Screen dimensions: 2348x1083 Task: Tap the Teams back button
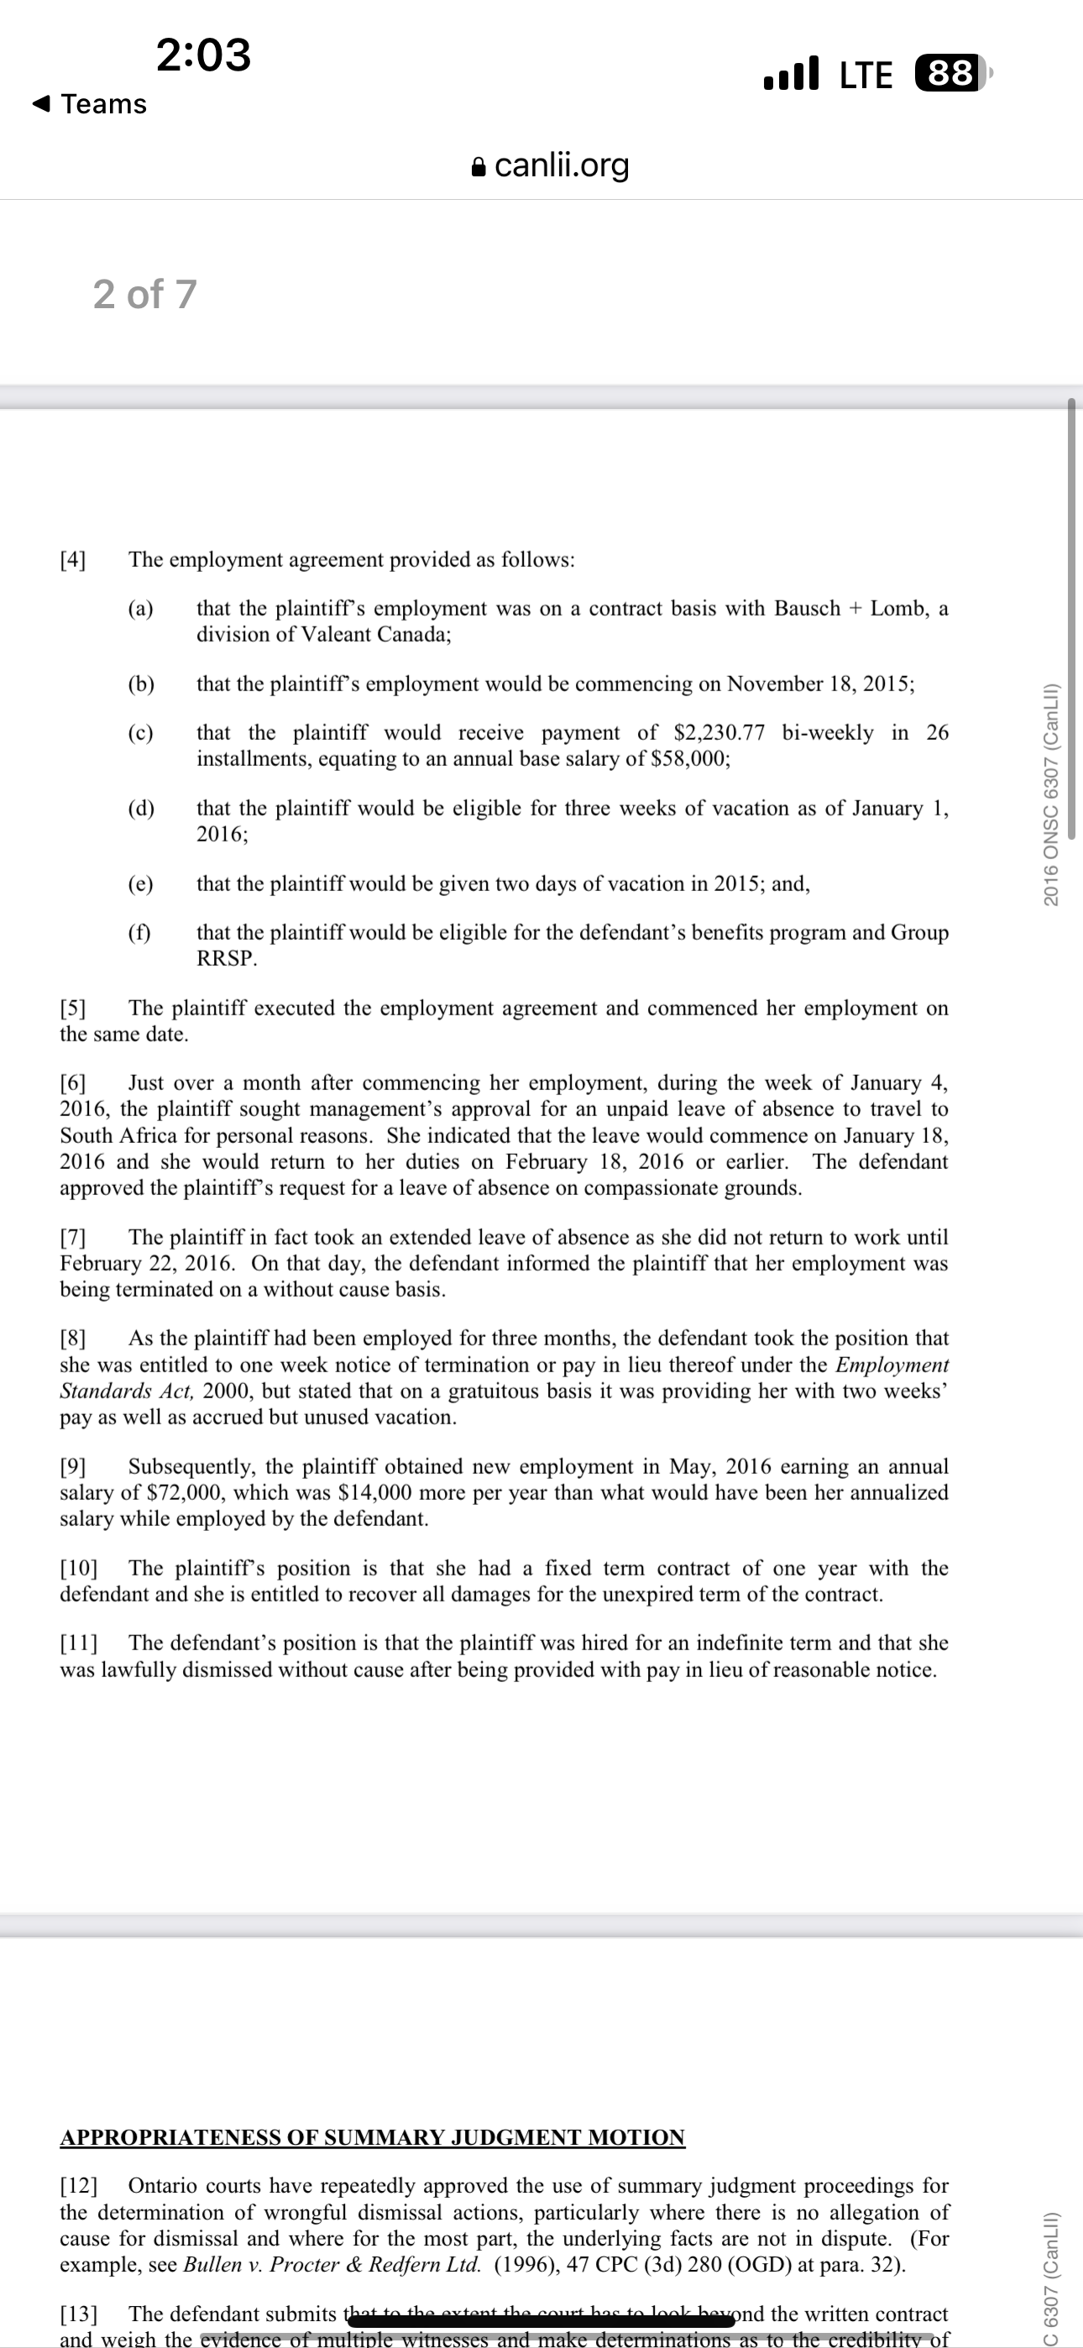pos(89,104)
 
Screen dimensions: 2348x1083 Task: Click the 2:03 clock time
pos(203,55)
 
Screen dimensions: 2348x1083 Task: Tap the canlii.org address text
pos(562,165)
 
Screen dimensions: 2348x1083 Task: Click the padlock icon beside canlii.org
pos(479,167)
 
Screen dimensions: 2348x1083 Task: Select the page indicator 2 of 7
pos(145,295)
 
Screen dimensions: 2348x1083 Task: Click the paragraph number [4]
pos(73,559)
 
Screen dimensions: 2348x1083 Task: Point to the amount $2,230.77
pos(719,733)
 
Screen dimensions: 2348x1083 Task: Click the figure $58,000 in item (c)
pos(689,759)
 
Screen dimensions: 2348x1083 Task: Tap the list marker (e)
pos(140,884)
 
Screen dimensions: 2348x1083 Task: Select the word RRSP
pos(226,959)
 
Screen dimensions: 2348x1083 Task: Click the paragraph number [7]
pos(73,1238)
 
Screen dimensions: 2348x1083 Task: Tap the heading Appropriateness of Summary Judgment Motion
pos(372,2137)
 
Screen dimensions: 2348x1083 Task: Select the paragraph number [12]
pos(78,2187)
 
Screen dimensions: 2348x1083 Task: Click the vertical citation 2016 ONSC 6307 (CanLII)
pos(1050,794)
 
